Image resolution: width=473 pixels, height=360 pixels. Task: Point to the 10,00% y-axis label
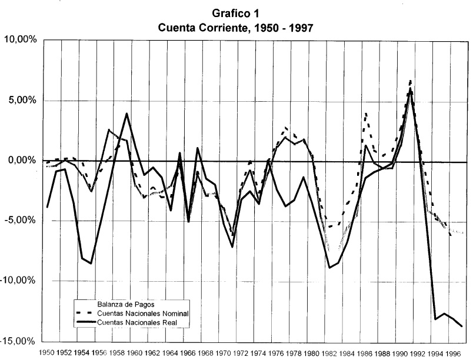coord(22,40)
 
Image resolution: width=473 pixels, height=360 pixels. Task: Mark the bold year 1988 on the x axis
coord(381,354)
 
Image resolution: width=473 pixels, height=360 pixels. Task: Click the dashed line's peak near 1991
coord(410,81)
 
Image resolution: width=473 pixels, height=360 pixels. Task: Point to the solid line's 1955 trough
coord(91,264)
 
